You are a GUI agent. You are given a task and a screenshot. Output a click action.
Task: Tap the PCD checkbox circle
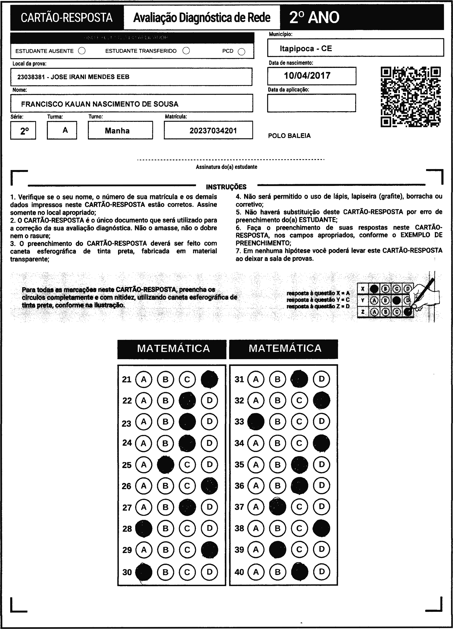[242, 52]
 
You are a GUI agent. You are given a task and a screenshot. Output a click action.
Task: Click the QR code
[411, 97]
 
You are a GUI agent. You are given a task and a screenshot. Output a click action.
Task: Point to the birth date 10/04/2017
[307, 76]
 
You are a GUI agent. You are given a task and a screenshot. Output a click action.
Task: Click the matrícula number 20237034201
[213, 131]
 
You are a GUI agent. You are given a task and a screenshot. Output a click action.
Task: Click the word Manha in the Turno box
[117, 131]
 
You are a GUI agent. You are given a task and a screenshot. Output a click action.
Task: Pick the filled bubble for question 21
[209, 379]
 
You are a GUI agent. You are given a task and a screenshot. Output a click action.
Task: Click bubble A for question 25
[144, 465]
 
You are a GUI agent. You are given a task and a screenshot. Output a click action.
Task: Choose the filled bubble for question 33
[256, 421]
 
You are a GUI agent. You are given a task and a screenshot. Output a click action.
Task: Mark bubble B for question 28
[166, 528]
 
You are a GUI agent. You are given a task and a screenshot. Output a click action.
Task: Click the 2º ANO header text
[314, 17]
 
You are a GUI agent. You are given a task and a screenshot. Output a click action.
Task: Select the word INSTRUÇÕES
[226, 187]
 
